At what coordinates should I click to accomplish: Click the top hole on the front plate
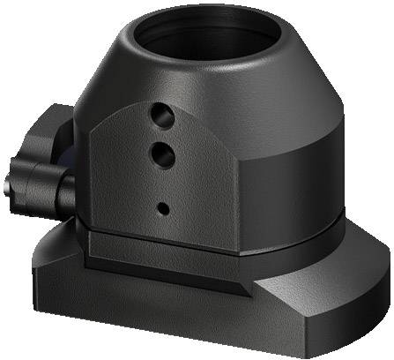click(x=160, y=114)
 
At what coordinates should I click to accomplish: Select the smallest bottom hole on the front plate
click(x=163, y=208)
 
